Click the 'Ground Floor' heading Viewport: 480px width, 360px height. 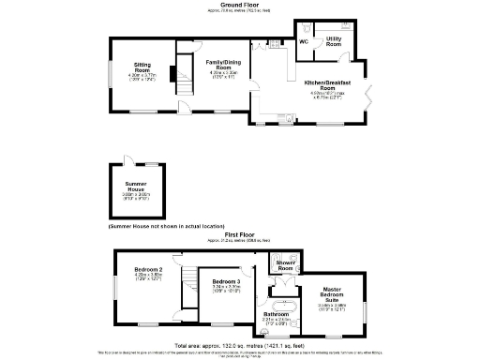coord(240,5)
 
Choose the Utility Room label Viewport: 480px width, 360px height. coord(334,43)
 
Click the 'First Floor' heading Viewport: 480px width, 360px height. coord(240,234)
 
